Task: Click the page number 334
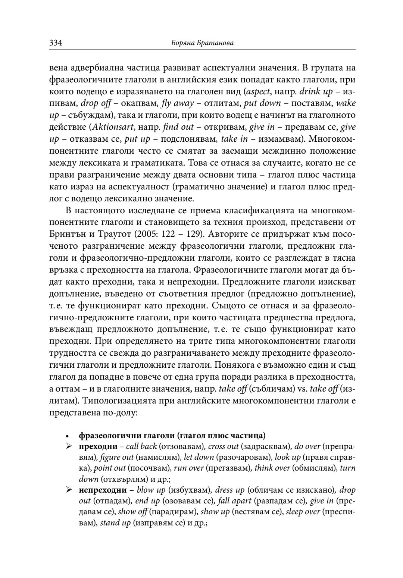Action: click(56, 43)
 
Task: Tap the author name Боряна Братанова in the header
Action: click(202, 44)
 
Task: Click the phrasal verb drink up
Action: click(316, 92)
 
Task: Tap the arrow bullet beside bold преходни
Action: click(68, 446)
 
